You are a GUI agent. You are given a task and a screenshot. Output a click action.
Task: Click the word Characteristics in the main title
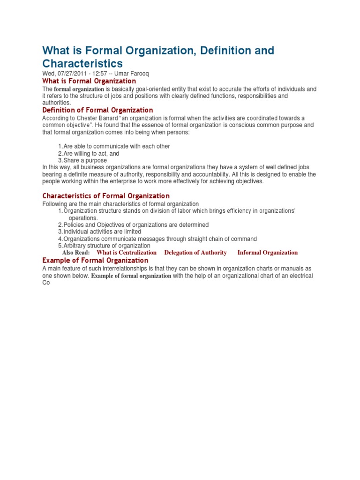point(82,63)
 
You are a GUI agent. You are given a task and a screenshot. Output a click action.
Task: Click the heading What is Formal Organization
point(89,81)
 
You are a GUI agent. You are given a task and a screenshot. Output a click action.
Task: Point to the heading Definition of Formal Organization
point(97,110)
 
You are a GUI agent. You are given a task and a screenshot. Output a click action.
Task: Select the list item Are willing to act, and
point(91,153)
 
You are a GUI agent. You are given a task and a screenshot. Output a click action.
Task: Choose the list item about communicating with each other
point(117,146)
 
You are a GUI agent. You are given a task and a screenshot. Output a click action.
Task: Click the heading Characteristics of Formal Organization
point(106,195)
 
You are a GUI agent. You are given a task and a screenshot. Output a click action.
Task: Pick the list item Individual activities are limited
point(102,232)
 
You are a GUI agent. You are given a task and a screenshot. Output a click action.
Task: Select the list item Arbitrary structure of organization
point(107,246)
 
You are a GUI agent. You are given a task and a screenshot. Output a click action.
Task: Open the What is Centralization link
point(127,253)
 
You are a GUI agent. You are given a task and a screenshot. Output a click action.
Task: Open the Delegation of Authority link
point(195,253)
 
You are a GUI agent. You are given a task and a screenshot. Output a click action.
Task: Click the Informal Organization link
point(267,253)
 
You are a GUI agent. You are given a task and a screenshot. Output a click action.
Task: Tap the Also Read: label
point(76,253)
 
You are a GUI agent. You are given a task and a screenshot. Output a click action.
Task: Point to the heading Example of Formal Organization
point(95,260)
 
